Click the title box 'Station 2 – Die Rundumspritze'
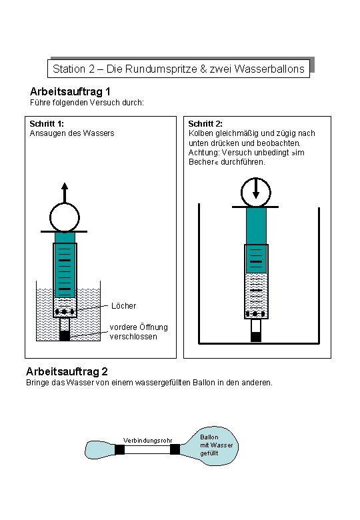179,69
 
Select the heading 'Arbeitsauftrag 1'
70,91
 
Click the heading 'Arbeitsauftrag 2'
67,371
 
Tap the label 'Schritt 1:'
47,123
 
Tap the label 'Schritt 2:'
205,123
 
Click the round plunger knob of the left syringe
65,216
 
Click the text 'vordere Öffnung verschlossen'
138,331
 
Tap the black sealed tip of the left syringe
65,335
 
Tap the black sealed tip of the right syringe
256,336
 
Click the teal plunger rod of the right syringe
256,227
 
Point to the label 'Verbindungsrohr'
147,439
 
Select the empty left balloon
100,450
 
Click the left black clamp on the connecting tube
120,449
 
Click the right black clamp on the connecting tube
175,449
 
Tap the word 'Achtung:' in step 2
203,153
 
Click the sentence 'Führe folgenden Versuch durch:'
87,103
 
